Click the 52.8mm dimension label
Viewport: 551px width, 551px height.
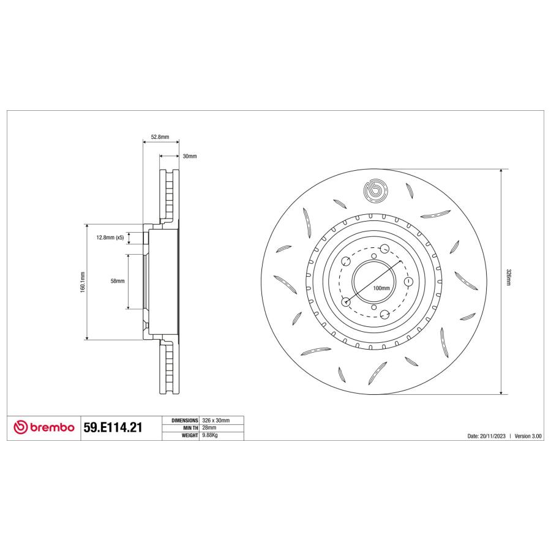(x=160, y=137)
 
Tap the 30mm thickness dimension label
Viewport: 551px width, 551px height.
(x=190, y=156)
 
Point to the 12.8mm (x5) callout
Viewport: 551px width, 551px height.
(x=110, y=238)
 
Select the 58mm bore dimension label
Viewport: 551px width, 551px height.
(x=118, y=281)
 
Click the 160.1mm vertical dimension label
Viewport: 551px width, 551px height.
(x=83, y=282)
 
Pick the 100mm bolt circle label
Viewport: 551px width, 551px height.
(x=381, y=288)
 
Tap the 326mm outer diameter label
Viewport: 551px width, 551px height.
(x=509, y=277)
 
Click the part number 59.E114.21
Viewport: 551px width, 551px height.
(x=113, y=427)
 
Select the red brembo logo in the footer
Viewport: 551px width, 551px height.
(x=44, y=427)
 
